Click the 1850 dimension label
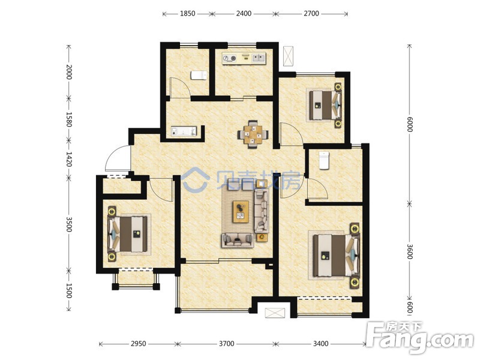187,13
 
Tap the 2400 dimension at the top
244,13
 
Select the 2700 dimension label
311,13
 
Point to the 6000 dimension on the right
410,124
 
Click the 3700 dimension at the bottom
227,343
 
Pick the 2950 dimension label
139,343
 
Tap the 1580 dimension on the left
69,119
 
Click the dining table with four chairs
253,134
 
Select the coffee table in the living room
241,212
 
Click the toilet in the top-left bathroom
199,76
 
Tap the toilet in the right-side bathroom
324,160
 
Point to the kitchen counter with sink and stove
244,58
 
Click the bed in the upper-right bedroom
325,105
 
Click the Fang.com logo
422,337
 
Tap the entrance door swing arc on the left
113,155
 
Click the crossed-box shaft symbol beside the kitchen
288,56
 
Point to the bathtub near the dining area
184,131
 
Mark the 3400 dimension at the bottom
320,343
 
